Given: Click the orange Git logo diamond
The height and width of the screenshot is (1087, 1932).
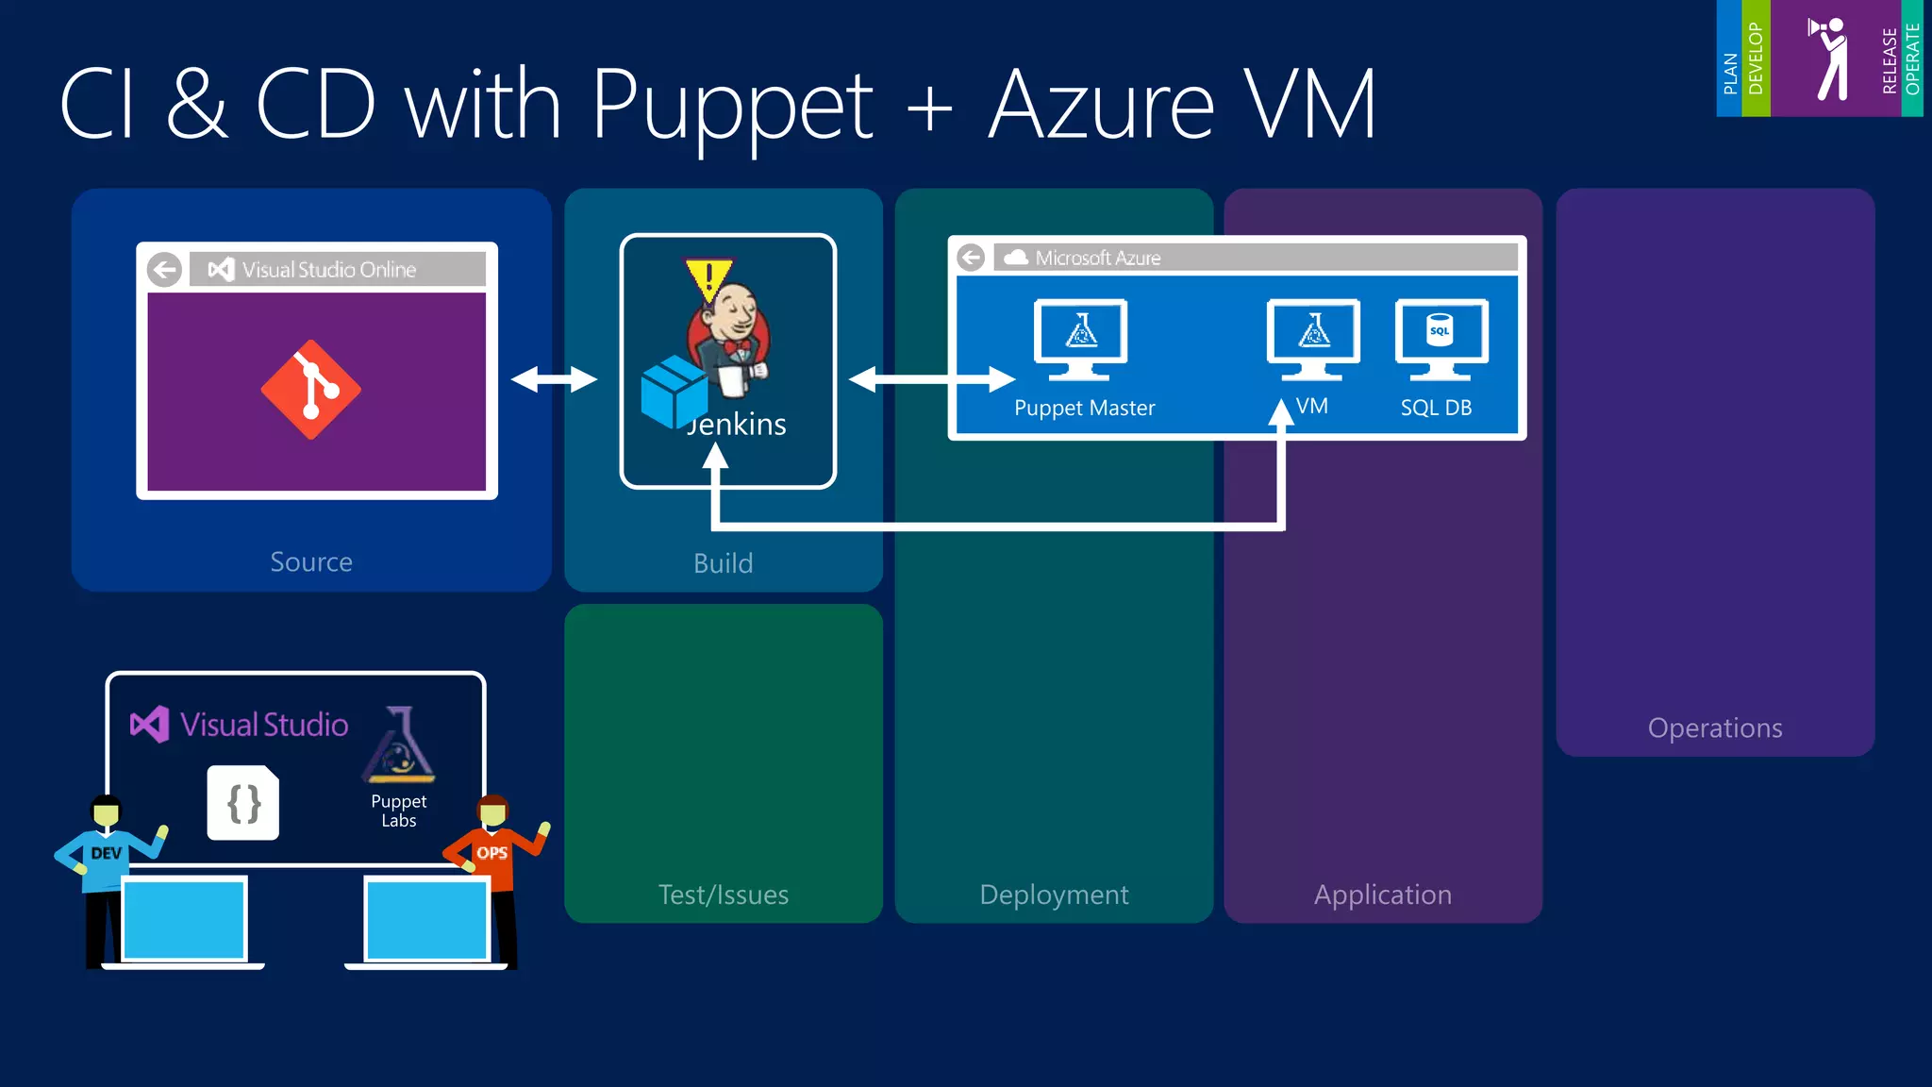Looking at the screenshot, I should coord(310,390).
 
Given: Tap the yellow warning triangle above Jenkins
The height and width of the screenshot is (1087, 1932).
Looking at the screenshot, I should coord(708,280).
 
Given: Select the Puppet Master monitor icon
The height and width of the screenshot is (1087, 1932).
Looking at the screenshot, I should coord(1081,338).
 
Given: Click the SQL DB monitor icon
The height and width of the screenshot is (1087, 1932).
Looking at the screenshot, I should coord(1441,338).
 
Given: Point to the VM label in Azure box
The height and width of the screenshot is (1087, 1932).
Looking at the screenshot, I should coord(1312,407).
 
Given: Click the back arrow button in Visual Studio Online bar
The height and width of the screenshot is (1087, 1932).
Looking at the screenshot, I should coord(165,270).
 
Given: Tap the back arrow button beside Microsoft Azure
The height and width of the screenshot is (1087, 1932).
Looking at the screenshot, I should coord(971,258).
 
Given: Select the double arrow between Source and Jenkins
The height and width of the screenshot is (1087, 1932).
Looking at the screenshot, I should coord(554,379).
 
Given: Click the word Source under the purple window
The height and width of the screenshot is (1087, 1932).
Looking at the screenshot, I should coord(311,562).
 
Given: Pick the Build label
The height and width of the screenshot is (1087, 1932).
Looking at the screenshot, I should coord(724,563).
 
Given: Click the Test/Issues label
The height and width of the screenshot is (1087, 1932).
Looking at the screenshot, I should coord(724,895).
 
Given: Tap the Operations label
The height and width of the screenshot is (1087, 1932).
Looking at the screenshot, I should coord(1714,728).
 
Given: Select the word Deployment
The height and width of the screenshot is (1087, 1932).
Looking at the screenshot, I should coord(1054,895).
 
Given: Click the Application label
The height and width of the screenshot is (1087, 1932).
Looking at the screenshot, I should coord(1383,895).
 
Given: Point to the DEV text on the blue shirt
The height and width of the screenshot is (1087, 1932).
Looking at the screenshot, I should coord(106,853).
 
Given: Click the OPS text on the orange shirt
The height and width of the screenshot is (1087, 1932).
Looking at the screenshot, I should coord(491,853).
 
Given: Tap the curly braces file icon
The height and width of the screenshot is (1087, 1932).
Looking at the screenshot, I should coord(243,804).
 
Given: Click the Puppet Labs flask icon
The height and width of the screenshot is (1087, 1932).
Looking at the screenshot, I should coord(399,745).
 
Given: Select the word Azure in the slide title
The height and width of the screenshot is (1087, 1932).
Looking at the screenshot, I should coord(1101,106).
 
